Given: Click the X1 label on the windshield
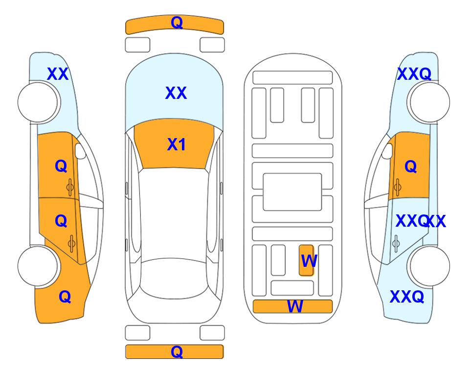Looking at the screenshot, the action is (177, 144).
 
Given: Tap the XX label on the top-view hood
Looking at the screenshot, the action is (176, 93).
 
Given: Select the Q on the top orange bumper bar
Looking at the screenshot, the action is (177, 23).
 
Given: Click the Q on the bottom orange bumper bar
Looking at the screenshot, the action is (177, 352).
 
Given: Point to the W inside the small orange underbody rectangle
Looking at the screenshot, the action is (309, 261).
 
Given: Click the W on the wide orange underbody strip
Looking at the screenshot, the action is (295, 306).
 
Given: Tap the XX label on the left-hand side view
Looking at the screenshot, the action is (58, 74).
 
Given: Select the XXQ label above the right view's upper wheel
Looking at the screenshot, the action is (414, 74).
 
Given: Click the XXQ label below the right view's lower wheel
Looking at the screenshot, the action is (407, 297).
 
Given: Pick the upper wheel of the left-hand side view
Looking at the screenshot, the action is (39, 102).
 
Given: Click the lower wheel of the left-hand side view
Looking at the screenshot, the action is (39, 266).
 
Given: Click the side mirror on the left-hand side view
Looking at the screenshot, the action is (80, 151).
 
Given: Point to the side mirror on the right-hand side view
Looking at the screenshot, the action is (387, 151).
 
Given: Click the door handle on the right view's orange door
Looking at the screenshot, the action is (397, 187).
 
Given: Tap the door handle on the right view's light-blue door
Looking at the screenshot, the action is (396, 243).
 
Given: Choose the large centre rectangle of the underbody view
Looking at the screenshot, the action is (292, 192).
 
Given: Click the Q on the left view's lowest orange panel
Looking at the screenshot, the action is (65, 297).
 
